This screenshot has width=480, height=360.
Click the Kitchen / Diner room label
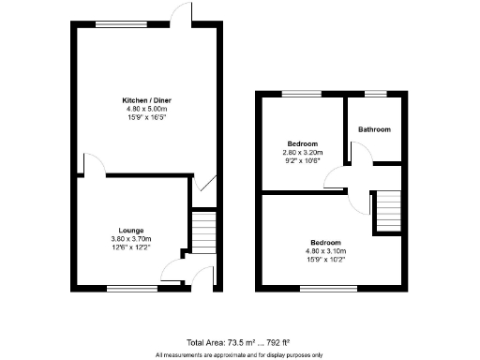pyautogui.click(x=145, y=99)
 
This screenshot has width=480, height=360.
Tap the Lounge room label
pyautogui.click(x=130, y=230)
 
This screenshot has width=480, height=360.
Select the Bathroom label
pyautogui.click(x=374, y=129)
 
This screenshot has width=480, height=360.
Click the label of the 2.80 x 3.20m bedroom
pyautogui.click(x=301, y=143)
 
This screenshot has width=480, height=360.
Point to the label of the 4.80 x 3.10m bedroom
pyautogui.click(x=326, y=242)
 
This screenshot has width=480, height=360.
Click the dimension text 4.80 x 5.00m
pyautogui.click(x=145, y=109)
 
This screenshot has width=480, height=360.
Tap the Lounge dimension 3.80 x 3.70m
pyautogui.click(x=130, y=239)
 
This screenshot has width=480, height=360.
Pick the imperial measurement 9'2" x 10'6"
pyautogui.click(x=301, y=161)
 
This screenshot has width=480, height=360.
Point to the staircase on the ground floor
pyautogui.click(x=202, y=230)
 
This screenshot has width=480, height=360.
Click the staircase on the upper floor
pyautogui.click(x=388, y=210)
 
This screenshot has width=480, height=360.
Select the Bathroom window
pyautogui.click(x=374, y=93)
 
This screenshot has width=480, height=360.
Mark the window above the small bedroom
pyautogui.click(x=301, y=93)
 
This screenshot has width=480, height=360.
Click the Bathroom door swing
pyautogui.click(x=357, y=152)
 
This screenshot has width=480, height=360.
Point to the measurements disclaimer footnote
pyautogui.click(x=239, y=354)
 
